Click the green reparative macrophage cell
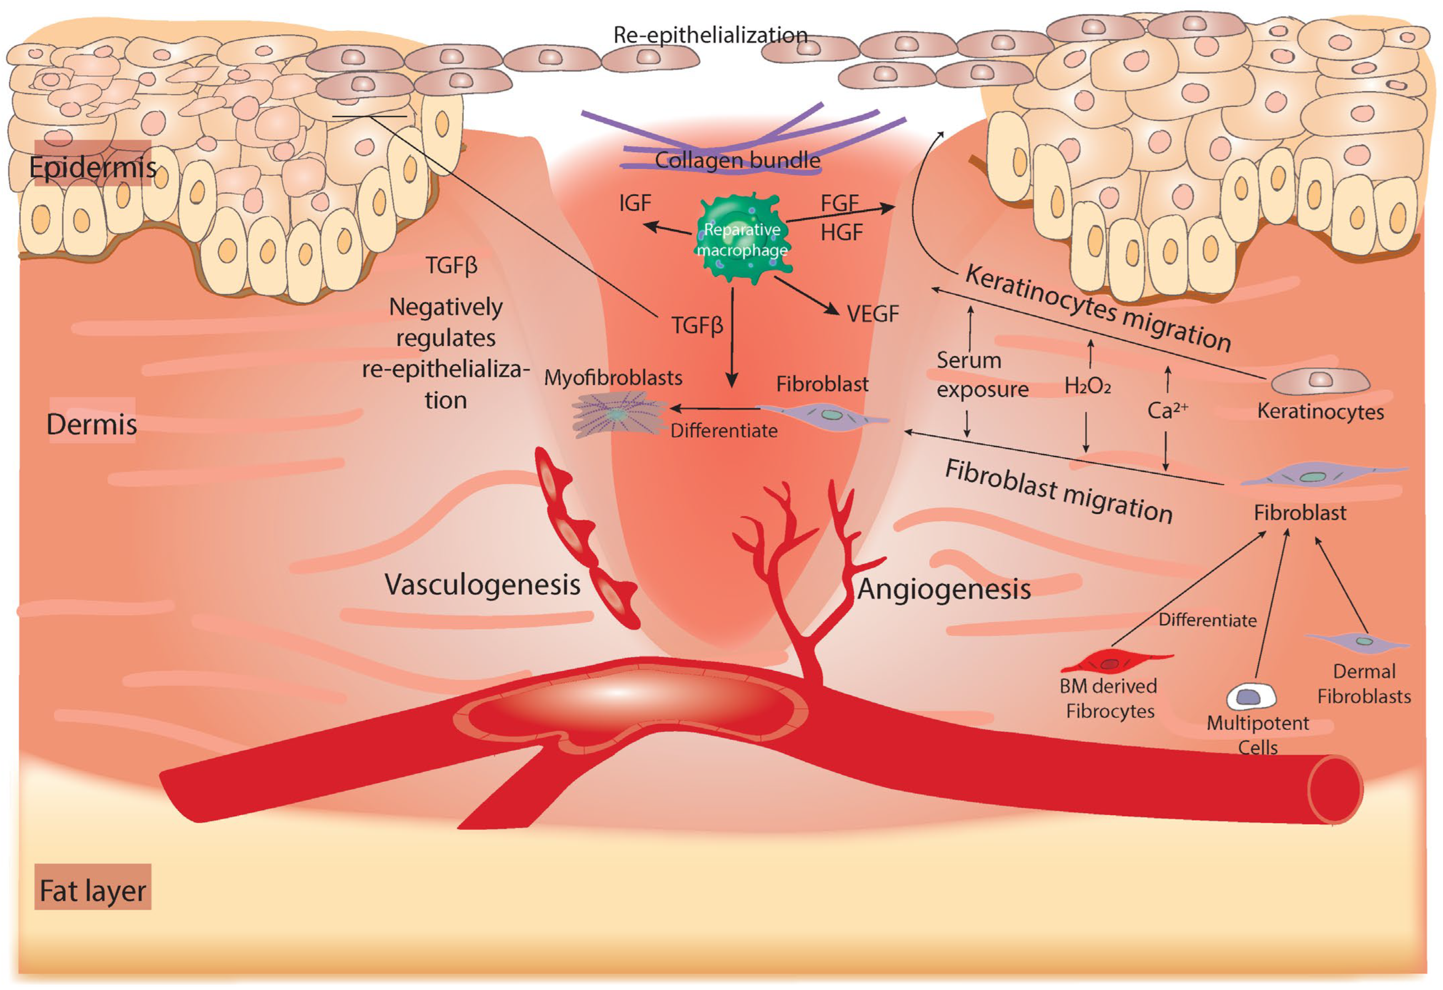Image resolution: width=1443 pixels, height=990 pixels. [x=742, y=239]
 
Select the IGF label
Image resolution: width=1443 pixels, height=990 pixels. [x=634, y=203]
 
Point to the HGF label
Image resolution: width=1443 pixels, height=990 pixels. [x=842, y=233]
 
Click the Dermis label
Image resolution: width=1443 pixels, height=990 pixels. [x=92, y=424]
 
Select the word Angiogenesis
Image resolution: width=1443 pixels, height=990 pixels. [x=944, y=589]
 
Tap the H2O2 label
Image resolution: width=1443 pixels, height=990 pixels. [x=1087, y=386]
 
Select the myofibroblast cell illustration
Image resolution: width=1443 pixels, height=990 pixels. [x=618, y=415]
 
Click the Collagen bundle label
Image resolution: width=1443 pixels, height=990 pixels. [x=737, y=160]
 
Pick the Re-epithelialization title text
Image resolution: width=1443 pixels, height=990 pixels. [x=711, y=35]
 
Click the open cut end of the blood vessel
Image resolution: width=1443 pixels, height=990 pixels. [x=1335, y=789]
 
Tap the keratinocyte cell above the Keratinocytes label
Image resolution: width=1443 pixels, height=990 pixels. [x=1320, y=381]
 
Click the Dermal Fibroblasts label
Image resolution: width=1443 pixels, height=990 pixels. [x=1363, y=684]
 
